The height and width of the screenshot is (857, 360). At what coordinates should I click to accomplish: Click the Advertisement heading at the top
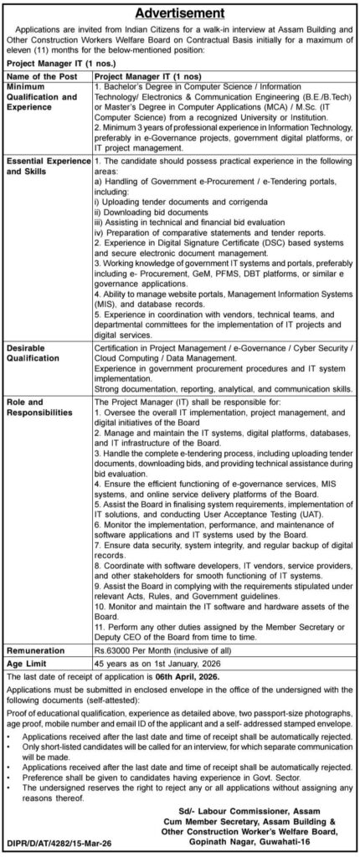click(180, 13)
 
